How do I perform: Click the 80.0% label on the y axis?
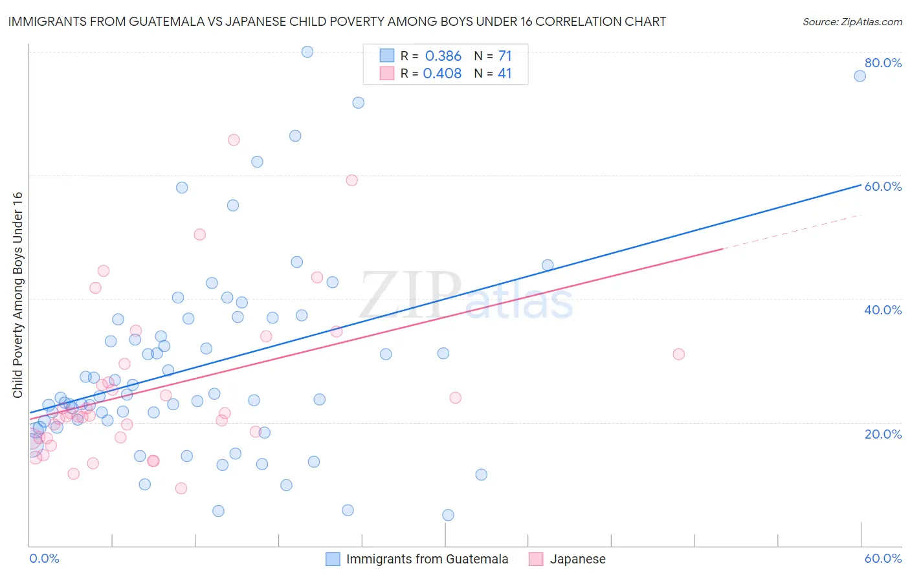click(x=883, y=63)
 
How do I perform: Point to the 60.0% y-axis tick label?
click(x=883, y=186)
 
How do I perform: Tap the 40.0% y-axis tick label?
click(x=883, y=310)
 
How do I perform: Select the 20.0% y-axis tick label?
click(x=883, y=433)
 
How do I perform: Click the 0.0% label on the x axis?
click(x=44, y=558)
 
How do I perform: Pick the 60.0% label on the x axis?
click(x=883, y=558)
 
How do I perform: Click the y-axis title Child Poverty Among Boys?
click(x=17, y=295)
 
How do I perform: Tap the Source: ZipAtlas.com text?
click(x=852, y=21)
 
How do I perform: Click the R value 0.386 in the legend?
click(x=443, y=56)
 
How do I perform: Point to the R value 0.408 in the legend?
click(x=442, y=73)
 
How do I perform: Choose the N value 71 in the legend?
click(x=505, y=56)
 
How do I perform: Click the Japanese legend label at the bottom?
click(x=577, y=559)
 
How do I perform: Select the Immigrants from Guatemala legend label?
click(x=427, y=559)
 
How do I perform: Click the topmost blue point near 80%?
click(x=307, y=52)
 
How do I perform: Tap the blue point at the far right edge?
click(x=860, y=76)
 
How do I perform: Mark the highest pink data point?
click(x=234, y=140)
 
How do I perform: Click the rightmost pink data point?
click(x=678, y=354)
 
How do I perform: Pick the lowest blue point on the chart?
click(x=448, y=515)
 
